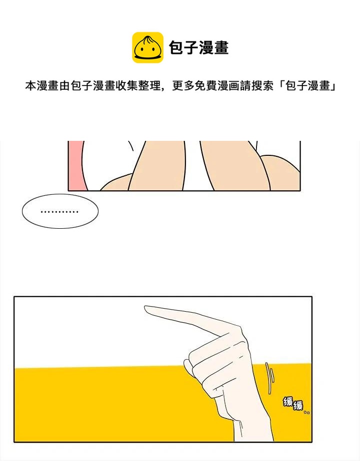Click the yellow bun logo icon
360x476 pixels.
147,47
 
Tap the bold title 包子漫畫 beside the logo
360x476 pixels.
198,48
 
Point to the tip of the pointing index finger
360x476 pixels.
145,308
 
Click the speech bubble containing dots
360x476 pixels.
60,211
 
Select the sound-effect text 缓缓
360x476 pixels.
293,404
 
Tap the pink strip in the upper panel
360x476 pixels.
76,165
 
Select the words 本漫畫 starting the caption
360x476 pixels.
42,86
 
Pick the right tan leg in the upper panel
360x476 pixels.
234,165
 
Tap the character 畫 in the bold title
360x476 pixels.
221,48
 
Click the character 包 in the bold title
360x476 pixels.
176,48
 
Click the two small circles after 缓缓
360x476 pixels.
306,412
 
